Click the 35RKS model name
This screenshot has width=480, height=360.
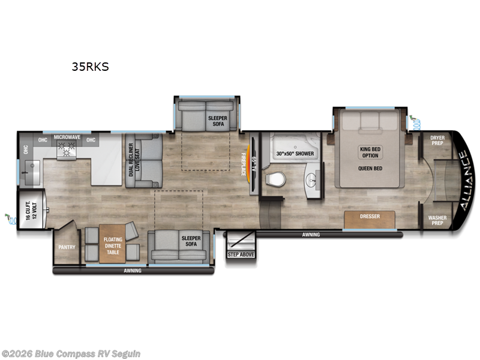[90, 67]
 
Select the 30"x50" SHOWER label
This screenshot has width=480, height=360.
[295, 154]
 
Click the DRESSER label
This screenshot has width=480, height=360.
[370, 216]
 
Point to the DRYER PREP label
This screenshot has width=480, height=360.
[437, 141]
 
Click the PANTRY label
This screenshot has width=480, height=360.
[65, 246]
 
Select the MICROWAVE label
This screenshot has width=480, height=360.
[67, 138]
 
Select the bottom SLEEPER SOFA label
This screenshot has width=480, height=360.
[191, 242]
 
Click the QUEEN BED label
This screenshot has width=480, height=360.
[370, 168]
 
